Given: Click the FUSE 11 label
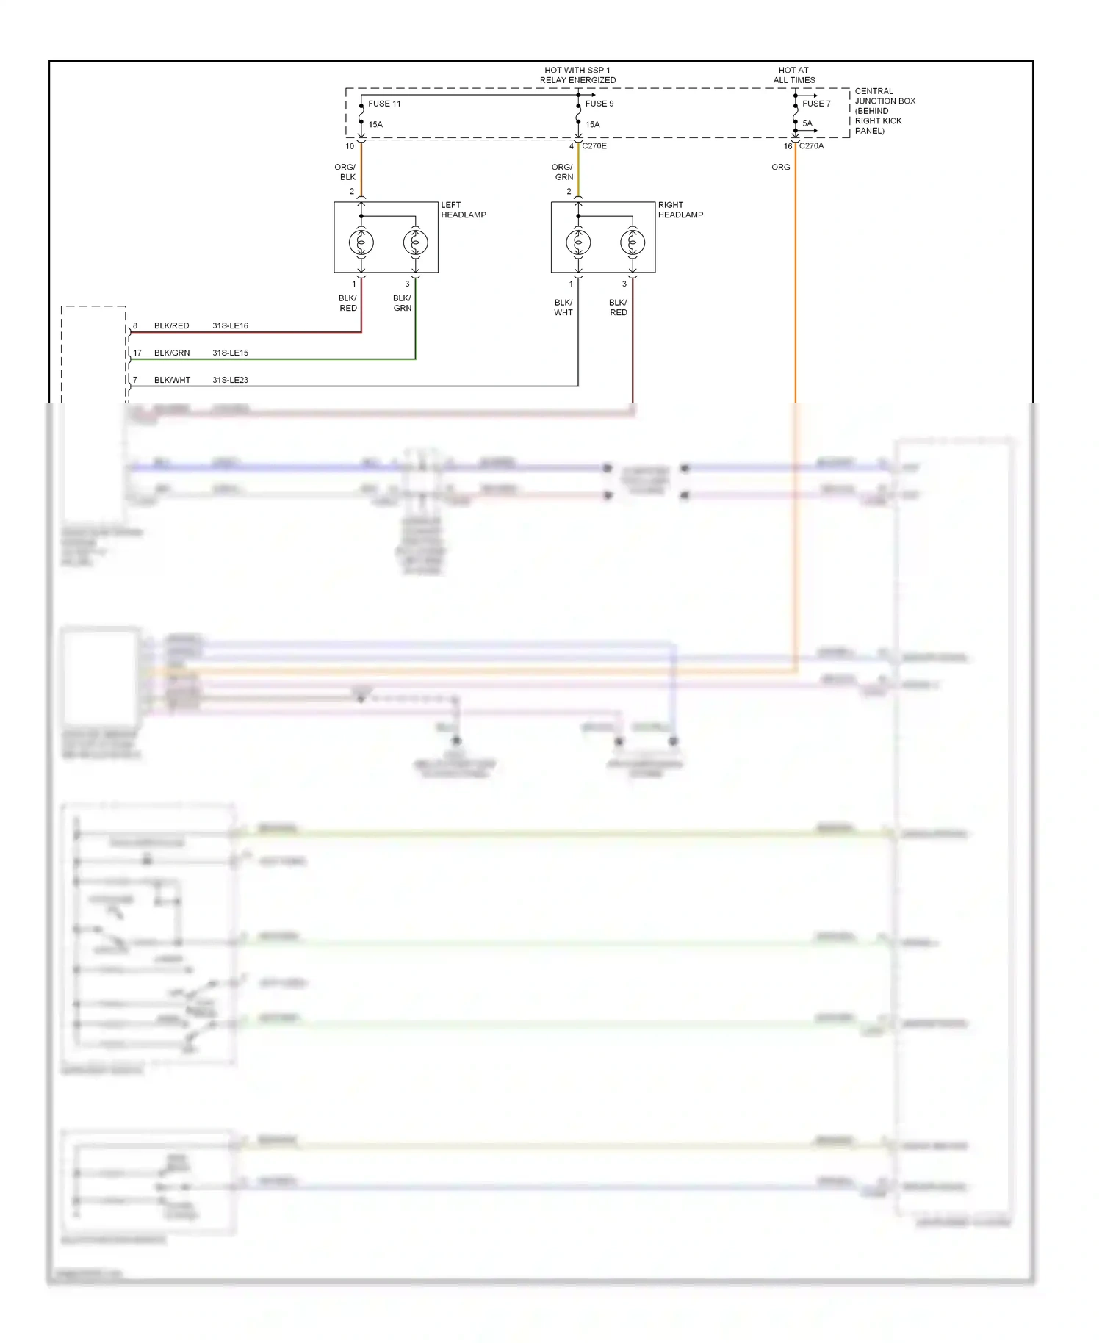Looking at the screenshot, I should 384,104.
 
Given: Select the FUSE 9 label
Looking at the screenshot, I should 599,104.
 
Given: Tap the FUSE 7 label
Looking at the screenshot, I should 816,104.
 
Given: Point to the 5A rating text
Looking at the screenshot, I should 807,123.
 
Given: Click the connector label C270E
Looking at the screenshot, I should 594,146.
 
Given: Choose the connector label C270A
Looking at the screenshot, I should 811,146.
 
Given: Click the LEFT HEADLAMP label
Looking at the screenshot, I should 463,210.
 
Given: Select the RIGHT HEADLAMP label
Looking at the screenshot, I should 680,210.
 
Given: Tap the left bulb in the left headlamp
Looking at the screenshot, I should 361,242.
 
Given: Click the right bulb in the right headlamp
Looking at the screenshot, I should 633,242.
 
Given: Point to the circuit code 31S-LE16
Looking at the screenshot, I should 230,325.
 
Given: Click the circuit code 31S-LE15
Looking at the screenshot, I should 230,353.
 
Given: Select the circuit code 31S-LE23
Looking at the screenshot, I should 230,380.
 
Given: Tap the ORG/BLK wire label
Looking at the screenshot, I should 345,172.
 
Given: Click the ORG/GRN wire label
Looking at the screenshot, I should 563,172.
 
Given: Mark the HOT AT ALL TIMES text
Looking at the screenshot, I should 793,75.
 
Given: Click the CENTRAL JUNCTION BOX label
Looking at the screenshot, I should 885,111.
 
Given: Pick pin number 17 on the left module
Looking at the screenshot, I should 137,353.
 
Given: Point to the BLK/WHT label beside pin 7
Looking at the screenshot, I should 172,380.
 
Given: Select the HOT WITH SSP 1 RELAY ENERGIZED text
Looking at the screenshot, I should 577,75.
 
